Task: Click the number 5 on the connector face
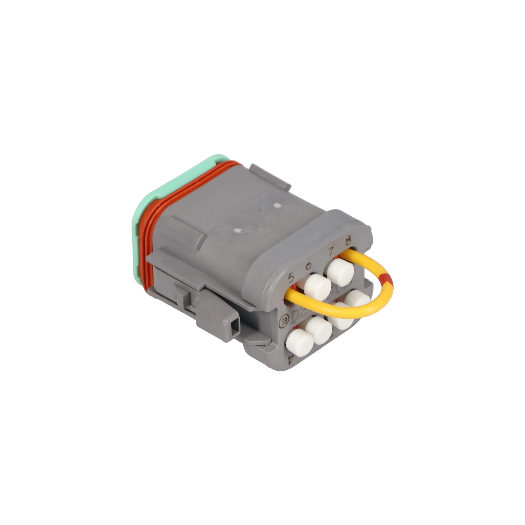point(291,277)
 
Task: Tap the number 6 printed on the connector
point(309,265)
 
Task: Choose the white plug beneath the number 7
point(340,272)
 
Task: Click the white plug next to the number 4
point(300,342)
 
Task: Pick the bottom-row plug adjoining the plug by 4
point(318,330)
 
